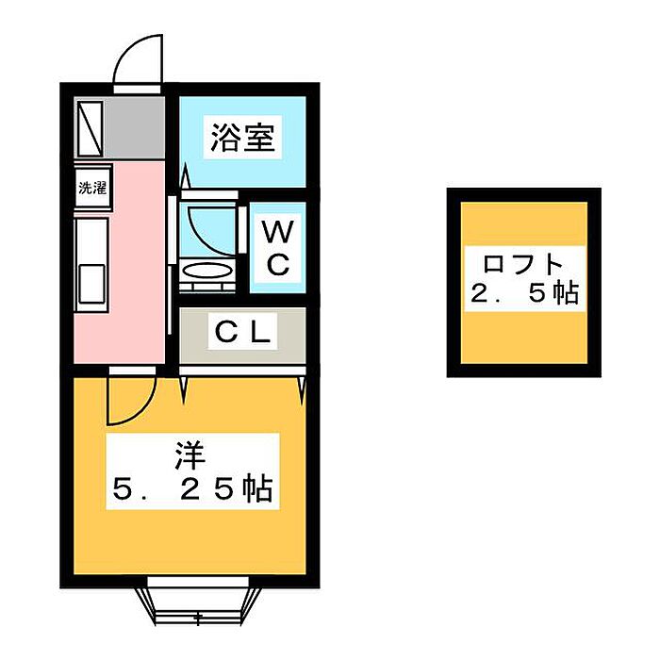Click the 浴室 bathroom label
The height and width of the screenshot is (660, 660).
tap(242, 138)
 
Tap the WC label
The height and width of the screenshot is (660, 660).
tap(277, 248)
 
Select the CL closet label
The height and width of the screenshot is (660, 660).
tap(242, 332)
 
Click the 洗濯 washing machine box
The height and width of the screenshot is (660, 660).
tap(92, 188)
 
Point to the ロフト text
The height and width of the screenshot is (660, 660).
tap(523, 264)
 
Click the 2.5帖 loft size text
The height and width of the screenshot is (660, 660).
tap(524, 293)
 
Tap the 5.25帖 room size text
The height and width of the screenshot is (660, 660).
tap(192, 489)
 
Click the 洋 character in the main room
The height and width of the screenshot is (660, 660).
tap(190, 456)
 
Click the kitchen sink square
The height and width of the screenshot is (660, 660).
tap(91, 283)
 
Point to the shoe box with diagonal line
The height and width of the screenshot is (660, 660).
tap(90, 128)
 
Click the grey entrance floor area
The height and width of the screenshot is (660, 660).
tap(135, 127)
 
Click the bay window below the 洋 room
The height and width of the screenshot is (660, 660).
tap(198, 600)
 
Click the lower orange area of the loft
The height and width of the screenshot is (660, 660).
tap(524, 338)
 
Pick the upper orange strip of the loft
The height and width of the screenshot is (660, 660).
tap(524, 224)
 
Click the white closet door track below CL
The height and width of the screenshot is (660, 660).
tap(242, 371)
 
